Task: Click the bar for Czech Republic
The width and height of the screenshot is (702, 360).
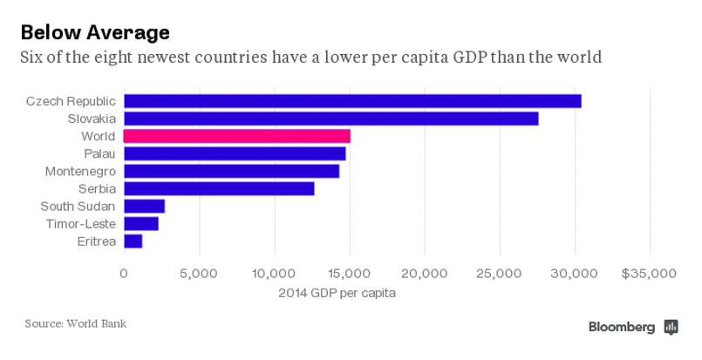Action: [x=352, y=101]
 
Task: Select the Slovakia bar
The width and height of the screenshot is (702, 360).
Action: [x=331, y=119]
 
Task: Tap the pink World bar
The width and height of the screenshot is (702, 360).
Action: [x=237, y=136]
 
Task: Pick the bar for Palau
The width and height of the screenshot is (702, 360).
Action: [x=235, y=153]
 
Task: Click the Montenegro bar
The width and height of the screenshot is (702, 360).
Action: [x=231, y=171]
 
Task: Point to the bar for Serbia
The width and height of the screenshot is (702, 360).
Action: [x=219, y=188]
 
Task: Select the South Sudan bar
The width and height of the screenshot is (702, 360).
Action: [x=144, y=206]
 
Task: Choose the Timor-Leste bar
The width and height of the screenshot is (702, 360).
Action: [x=141, y=223]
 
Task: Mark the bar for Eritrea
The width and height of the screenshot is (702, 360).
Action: [x=133, y=241]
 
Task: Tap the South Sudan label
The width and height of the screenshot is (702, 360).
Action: [x=78, y=206]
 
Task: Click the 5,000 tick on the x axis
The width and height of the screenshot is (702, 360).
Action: [x=199, y=273]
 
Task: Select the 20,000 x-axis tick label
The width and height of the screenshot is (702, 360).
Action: [x=425, y=273]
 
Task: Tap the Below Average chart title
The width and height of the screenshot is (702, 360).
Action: [x=94, y=33]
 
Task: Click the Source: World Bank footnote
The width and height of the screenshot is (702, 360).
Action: [x=75, y=323]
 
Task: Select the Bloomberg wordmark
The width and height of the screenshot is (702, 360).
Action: [x=622, y=327]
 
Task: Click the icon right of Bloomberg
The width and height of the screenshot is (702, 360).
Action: [x=671, y=327]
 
